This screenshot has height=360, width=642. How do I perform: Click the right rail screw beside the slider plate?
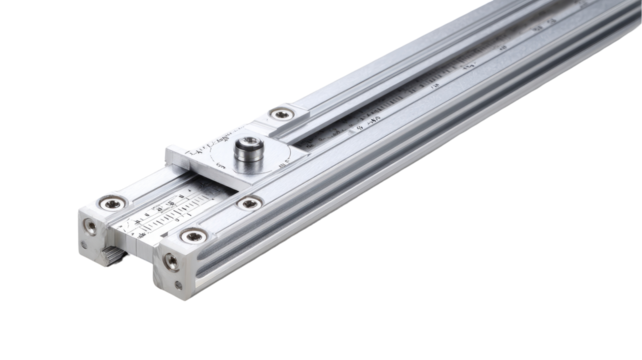(x=245, y=205)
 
